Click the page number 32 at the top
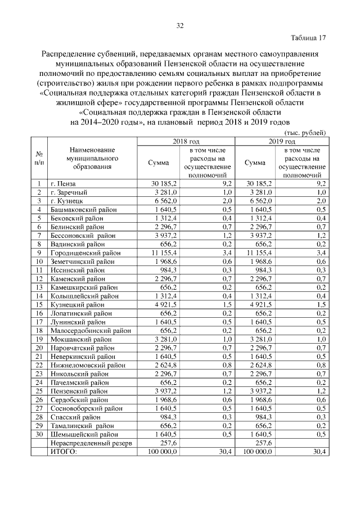point(180,25)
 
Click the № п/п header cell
point(40,158)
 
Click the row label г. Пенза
point(62,183)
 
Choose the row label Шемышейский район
point(84,434)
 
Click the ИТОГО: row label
point(64,452)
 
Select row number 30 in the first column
point(39,434)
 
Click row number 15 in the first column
point(39,305)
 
